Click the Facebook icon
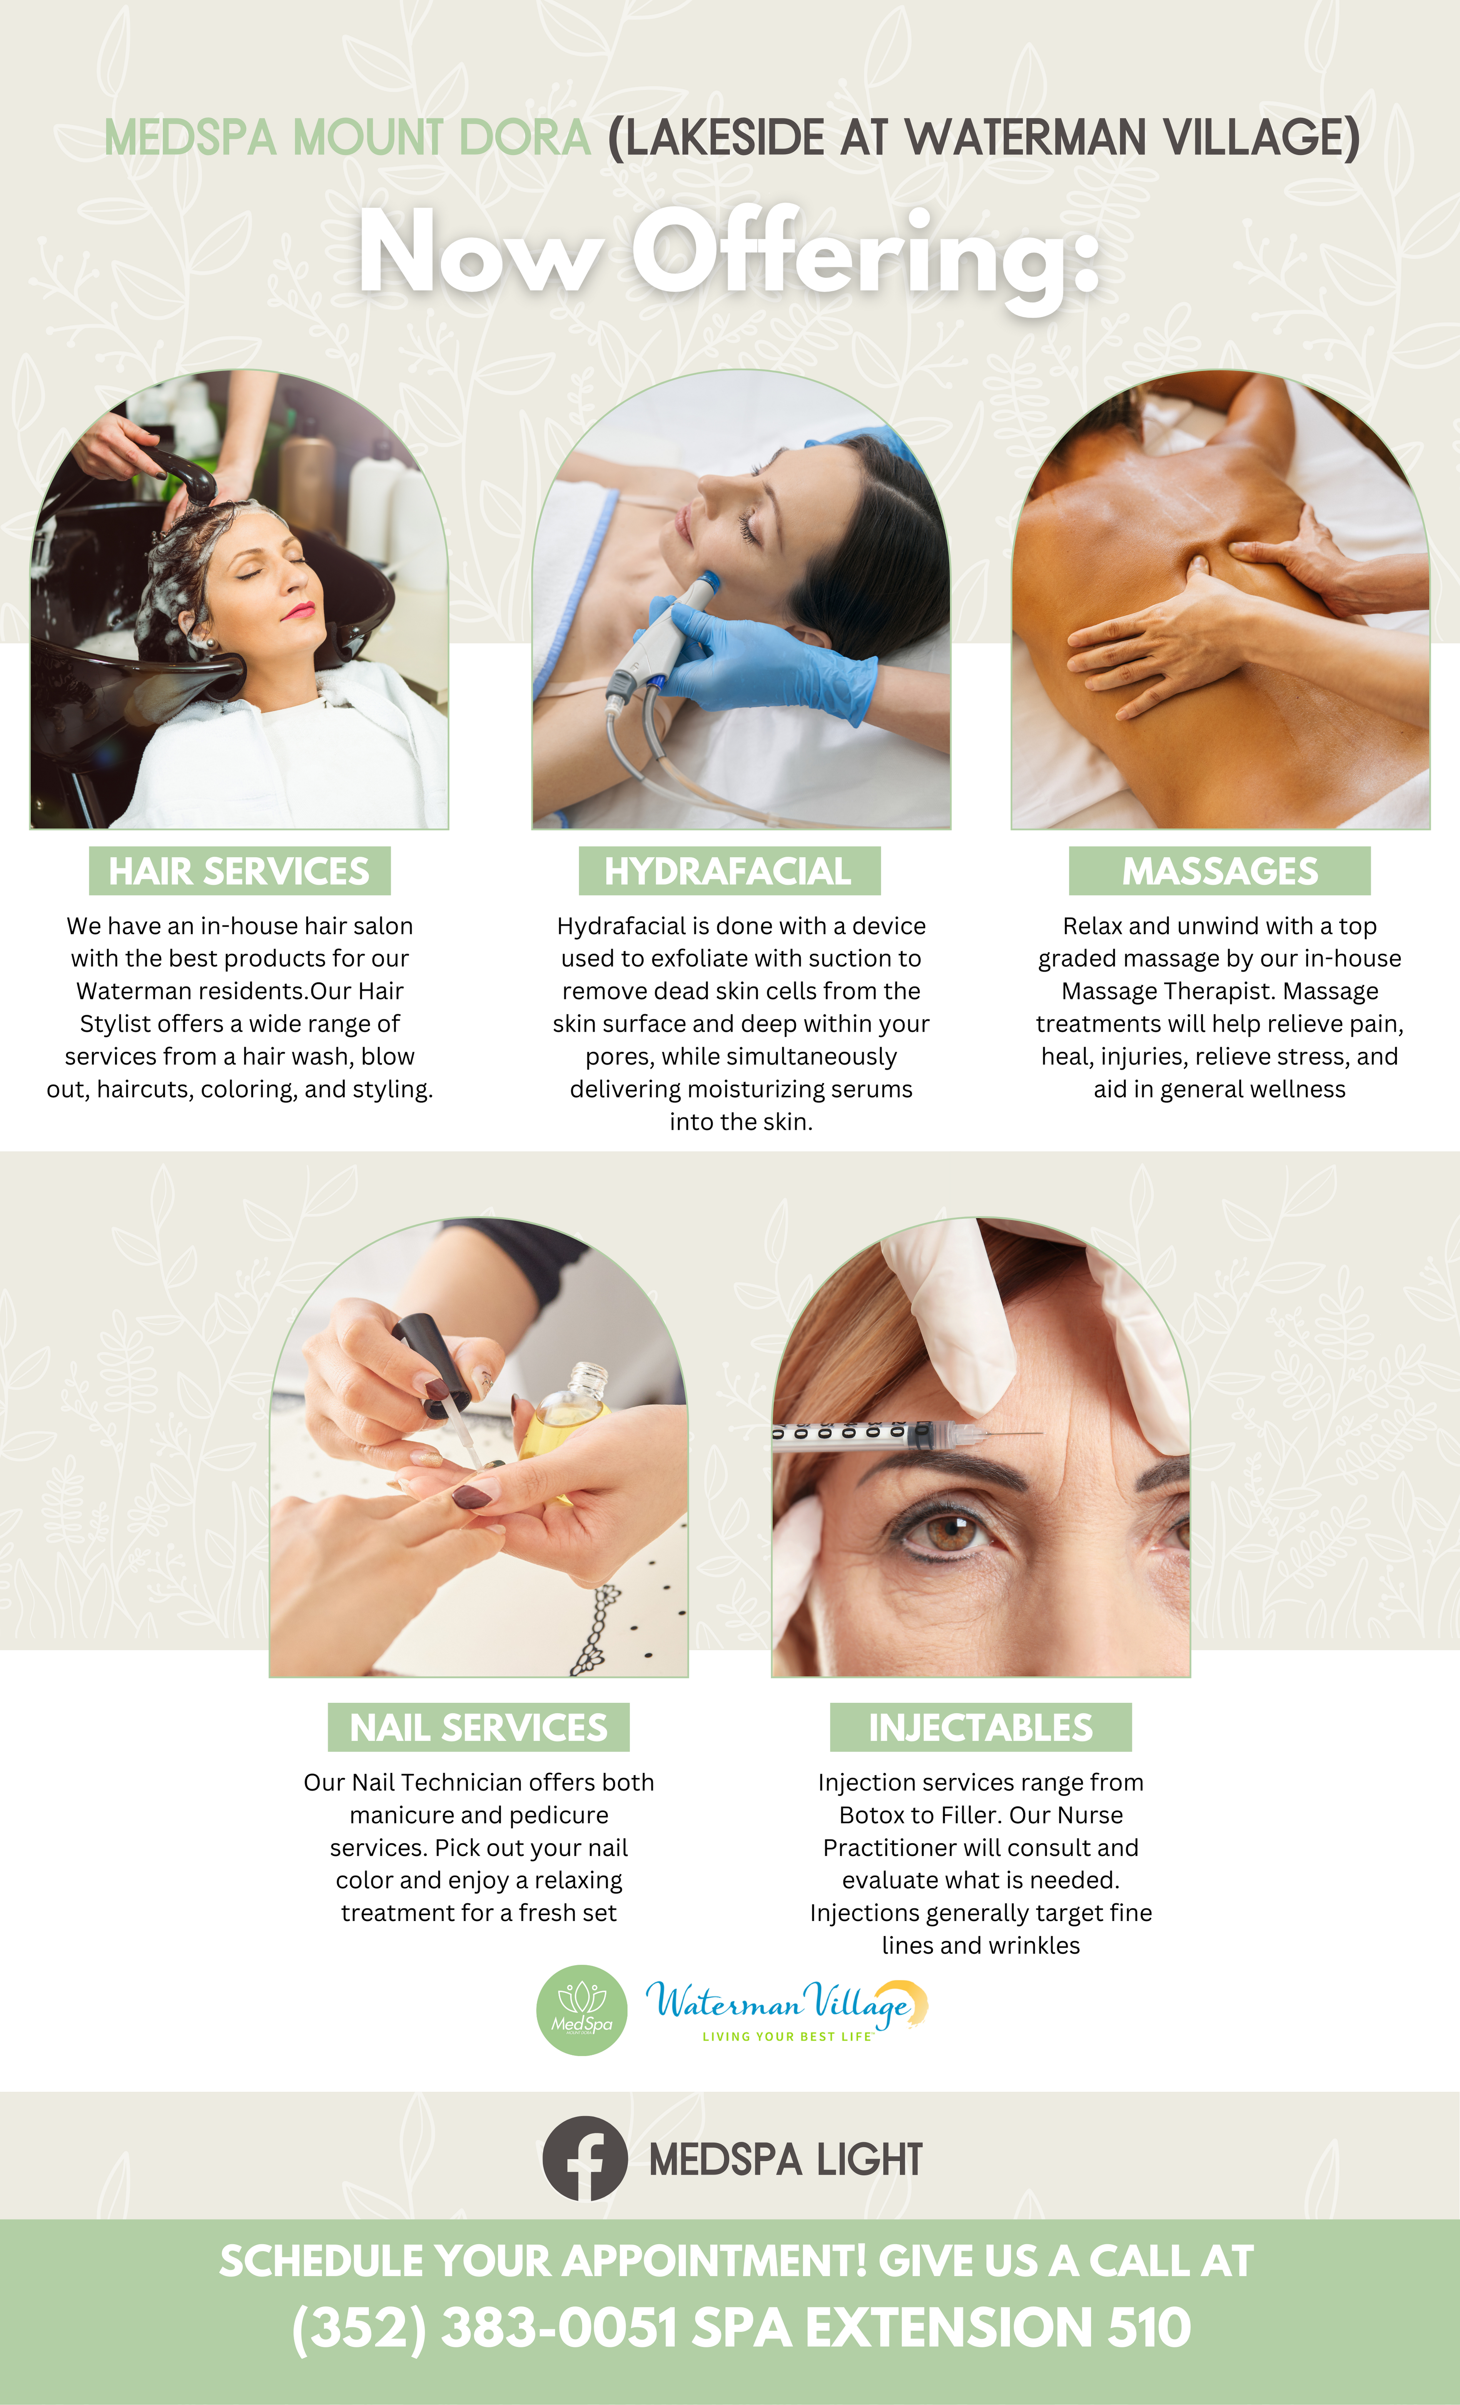585,2158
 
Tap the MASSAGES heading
1220,871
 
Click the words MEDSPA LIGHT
786,2159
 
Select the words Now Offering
729,254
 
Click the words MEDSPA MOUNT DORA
347,137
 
